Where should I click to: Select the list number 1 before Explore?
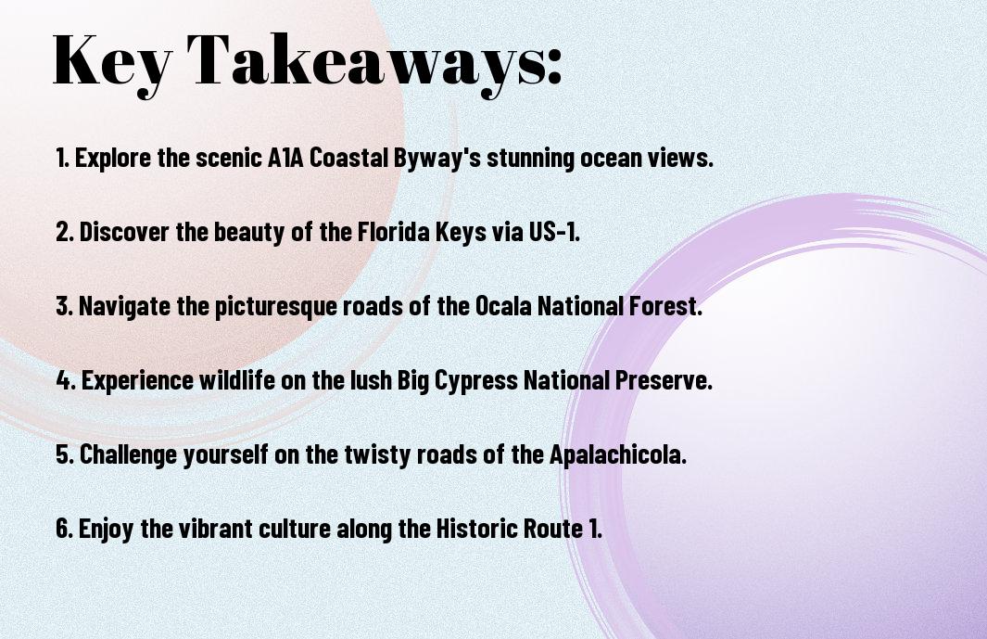62,158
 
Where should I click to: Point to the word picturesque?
275,307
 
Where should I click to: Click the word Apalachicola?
617,454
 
